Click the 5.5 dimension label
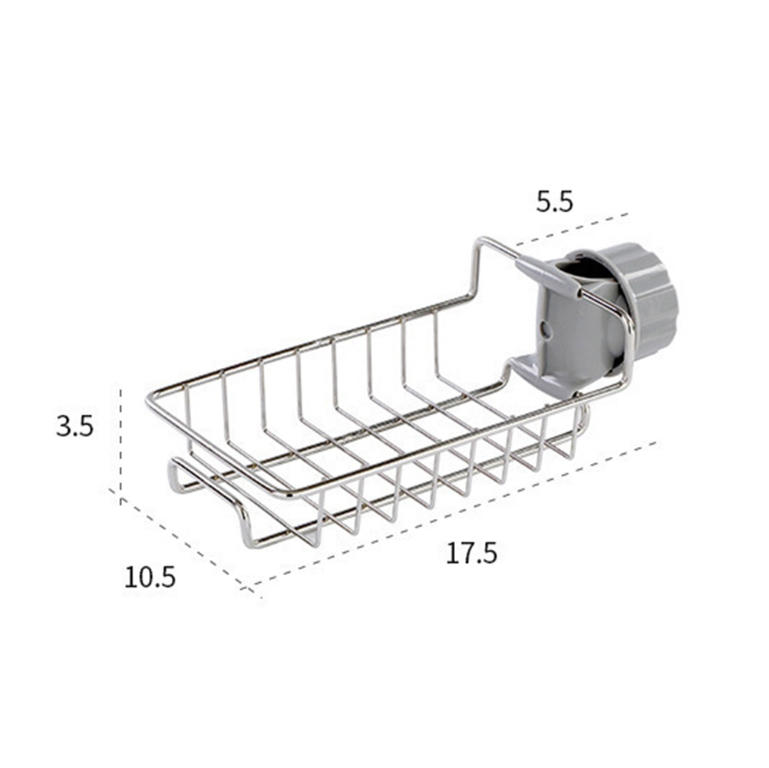click(554, 202)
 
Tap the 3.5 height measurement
click(74, 425)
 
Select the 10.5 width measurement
click(150, 577)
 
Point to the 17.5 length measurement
click(471, 553)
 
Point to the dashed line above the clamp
click(572, 229)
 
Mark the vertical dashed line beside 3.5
click(120, 444)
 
